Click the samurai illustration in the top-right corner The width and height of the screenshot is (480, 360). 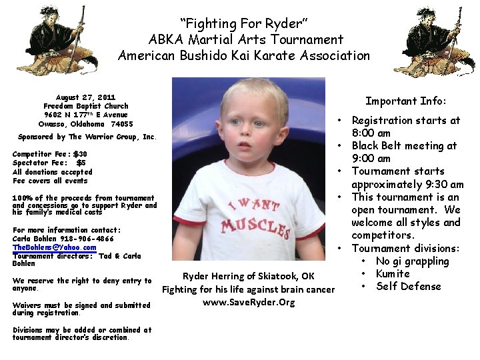click(434, 40)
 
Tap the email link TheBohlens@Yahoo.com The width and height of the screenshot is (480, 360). click(54, 247)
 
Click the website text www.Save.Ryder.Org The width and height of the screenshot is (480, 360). click(249, 302)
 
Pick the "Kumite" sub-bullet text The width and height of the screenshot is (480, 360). click(393, 274)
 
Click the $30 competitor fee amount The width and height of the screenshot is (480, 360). click(80, 154)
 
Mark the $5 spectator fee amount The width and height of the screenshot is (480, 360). click(81, 163)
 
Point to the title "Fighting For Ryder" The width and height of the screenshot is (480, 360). click(243, 23)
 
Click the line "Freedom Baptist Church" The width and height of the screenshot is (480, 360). click(85, 106)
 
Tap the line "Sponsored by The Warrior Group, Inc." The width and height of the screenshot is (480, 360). click(87, 137)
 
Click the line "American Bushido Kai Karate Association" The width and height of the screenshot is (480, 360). click(243, 56)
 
